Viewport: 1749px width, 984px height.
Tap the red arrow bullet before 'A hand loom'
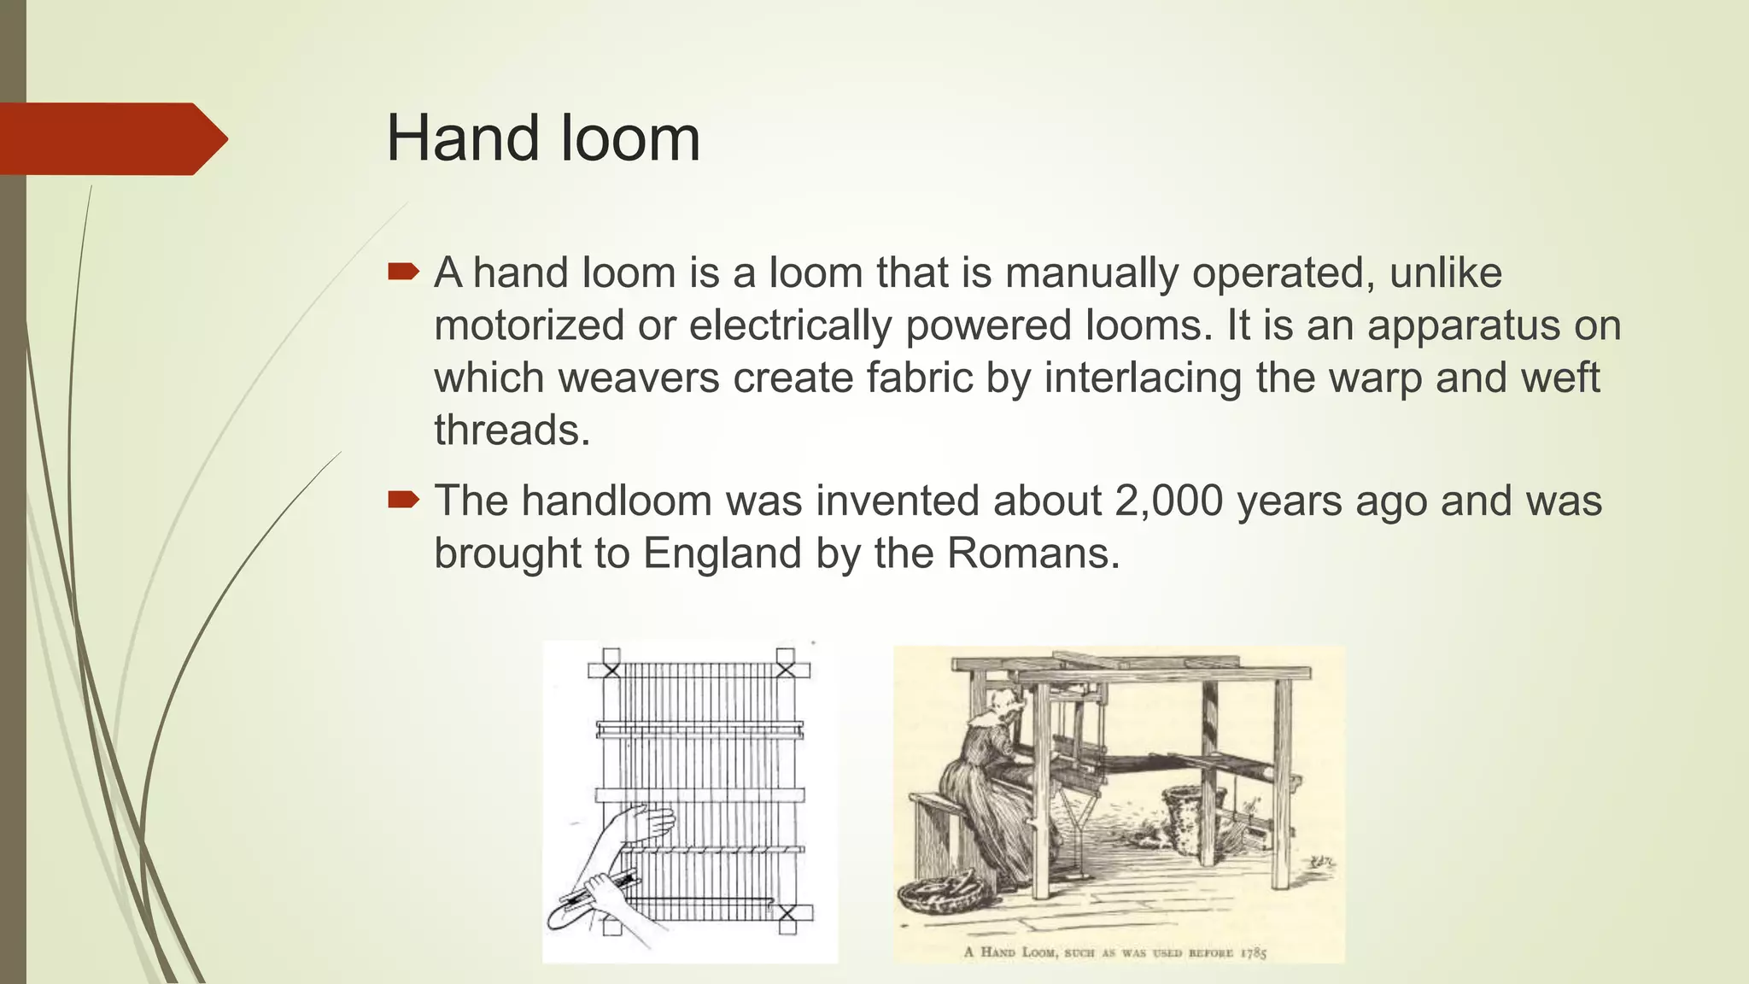(403, 272)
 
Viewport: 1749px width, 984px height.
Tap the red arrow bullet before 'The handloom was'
(403, 500)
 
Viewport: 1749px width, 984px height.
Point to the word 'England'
(722, 553)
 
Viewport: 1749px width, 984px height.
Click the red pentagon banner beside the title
(111, 138)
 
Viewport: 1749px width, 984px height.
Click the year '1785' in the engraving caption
(1253, 952)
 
